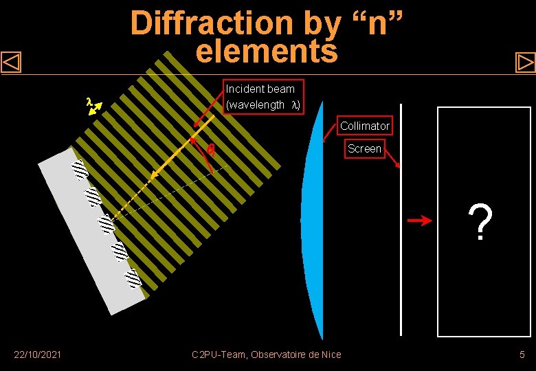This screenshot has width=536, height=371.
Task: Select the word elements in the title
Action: tap(267, 51)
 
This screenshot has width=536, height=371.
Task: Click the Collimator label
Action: tap(364, 126)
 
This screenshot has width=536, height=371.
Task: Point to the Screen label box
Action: tap(364, 148)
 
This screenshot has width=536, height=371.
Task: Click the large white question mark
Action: tap(481, 222)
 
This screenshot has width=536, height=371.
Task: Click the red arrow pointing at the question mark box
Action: tap(418, 221)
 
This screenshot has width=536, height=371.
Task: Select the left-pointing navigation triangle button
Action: tap(12, 63)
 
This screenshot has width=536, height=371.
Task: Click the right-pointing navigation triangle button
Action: tap(525, 63)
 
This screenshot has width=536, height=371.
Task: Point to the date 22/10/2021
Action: tap(38, 354)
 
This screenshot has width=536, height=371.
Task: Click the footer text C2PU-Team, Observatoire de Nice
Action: tap(267, 354)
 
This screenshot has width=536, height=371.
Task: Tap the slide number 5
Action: tap(522, 354)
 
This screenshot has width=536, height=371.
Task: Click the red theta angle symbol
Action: tap(211, 150)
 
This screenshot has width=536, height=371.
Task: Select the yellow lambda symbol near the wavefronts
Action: tap(89, 102)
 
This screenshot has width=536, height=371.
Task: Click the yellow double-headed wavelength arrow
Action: tap(96, 109)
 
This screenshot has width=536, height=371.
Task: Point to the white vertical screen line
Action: tap(401, 220)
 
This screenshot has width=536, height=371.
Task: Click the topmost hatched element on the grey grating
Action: tap(80, 169)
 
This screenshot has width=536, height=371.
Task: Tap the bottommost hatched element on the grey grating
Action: tap(133, 278)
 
